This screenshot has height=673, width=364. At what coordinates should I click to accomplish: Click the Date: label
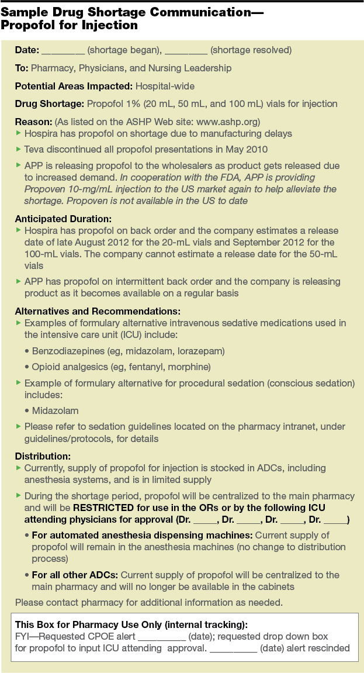click(27, 50)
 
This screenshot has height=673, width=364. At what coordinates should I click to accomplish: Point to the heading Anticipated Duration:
click(62, 219)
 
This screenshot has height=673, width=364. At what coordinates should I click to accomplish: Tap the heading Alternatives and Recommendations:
click(97, 311)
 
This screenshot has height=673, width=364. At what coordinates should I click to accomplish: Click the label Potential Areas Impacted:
click(74, 86)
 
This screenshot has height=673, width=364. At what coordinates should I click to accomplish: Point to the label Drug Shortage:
click(49, 103)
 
